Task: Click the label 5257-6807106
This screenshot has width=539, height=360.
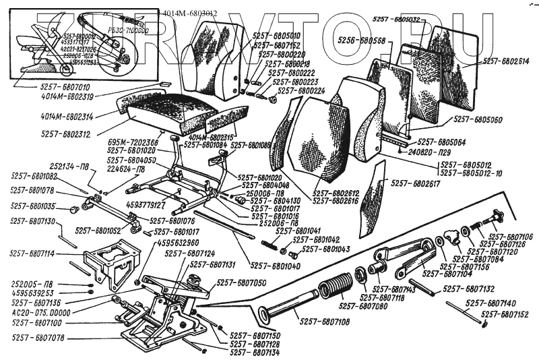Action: coord(511,237)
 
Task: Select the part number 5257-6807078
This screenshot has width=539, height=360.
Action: coord(38,337)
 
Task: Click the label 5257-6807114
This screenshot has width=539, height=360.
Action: coord(32,254)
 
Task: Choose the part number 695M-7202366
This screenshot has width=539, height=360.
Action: coord(133,143)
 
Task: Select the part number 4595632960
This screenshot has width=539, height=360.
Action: coord(177,242)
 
